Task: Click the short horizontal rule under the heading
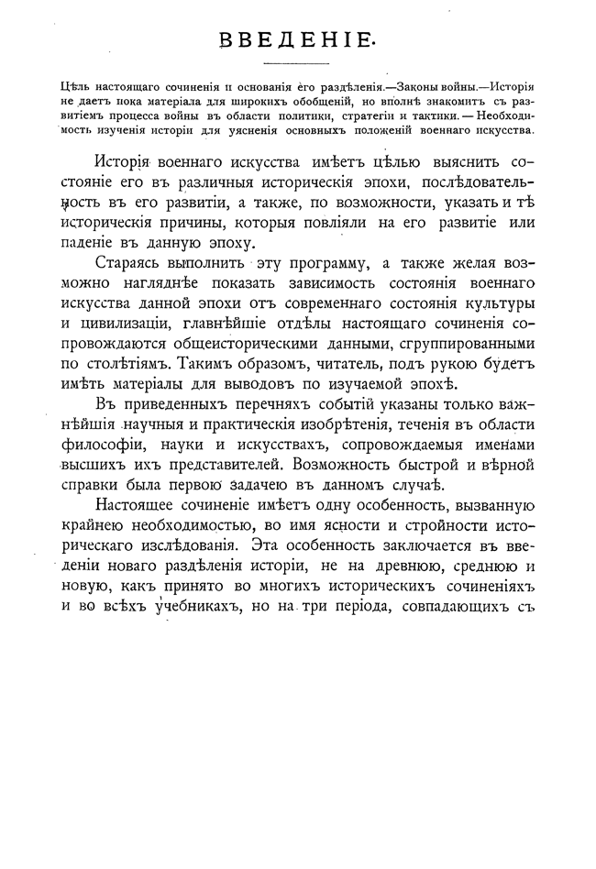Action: [297, 63]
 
